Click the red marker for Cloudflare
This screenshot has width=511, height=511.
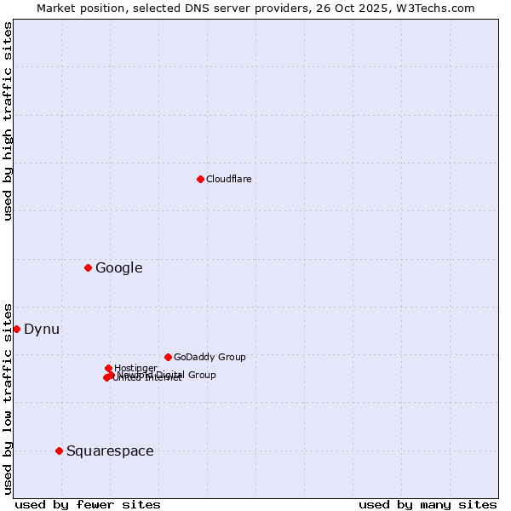(200, 179)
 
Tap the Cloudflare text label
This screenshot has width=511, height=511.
(229, 179)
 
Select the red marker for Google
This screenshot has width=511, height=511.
(88, 268)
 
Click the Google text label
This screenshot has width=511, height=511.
(119, 268)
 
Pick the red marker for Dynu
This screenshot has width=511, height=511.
(16, 330)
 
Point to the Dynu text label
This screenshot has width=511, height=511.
(42, 330)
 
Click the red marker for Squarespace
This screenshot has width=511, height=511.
(59, 451)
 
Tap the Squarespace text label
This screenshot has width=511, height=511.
(110, 451)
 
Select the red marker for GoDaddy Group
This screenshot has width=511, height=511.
(168, 358)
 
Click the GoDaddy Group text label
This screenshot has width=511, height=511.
(210, 358)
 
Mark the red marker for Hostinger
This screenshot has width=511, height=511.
(108, 368)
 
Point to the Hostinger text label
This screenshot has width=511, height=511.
(135, 368)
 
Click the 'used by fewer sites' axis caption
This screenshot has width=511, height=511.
(88, 504)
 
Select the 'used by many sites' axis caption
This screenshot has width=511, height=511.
(428, 504)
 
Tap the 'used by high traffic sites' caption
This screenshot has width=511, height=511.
(9, 121)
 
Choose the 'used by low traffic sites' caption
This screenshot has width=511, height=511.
(9, 398)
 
